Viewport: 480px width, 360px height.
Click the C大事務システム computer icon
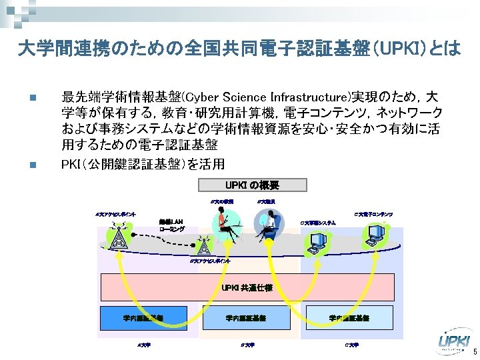pyautogui.click(x=313, y=243)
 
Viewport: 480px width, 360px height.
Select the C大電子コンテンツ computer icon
pyautogui.click(x=375, y=234)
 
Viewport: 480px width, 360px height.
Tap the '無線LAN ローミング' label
pyautogui.click(x=171, y=225)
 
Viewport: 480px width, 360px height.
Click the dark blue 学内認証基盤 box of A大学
pyautogui.click(x=143, y=318)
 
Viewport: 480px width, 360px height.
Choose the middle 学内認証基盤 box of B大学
pyautogui.click(x=245, y=318)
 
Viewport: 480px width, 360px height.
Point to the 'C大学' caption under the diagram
pyautogui.click(x=351, y=345)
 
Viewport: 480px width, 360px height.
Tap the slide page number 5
pyautogui.click(x=474, y=352)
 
